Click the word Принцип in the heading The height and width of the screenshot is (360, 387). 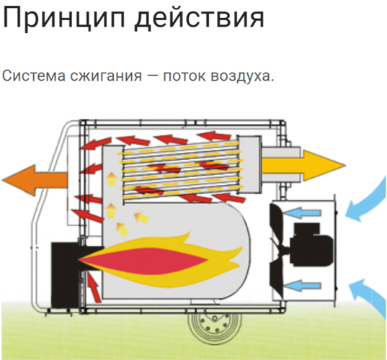(64, 19)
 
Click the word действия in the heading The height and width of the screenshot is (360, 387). (200, 19)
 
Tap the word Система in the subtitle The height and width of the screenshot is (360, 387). (34, 76)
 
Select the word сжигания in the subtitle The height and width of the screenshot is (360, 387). (106, 76)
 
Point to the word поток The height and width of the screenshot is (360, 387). (184, 76)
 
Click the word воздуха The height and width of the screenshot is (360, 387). (242, 76)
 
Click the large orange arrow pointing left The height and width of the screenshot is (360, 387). (35, 181)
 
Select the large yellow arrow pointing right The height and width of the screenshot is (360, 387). (303, 166)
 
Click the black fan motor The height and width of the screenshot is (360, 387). (311, 245)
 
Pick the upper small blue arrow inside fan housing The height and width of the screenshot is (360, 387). (302, 213)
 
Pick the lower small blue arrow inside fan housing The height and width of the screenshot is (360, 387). (302, 286)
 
